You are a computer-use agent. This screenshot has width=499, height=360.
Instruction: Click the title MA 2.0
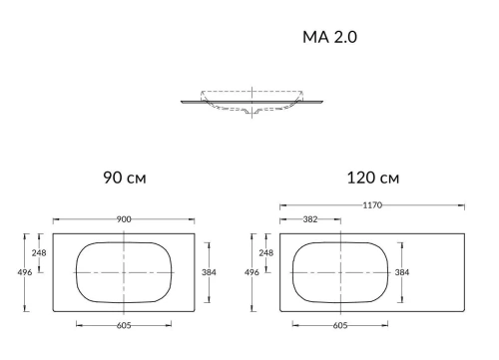(x=329, y=38)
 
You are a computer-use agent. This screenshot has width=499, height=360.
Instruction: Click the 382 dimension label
(x=311, y=219)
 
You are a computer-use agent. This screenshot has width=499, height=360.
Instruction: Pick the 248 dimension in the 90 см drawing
(x=38, y=253)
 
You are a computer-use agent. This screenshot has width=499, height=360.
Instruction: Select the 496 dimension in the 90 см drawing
(x=26, y=272)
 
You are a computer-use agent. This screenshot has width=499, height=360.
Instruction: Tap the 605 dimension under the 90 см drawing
(x=124, y=325)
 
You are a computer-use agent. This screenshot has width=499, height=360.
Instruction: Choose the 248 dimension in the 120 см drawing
(x=266, y=253)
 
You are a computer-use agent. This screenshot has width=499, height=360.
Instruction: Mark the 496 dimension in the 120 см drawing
(x=253, y=272)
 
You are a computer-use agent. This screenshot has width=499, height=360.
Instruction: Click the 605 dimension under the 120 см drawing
(x=340, y=325)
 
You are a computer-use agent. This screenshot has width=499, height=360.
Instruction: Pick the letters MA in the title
(x=314, y=38)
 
